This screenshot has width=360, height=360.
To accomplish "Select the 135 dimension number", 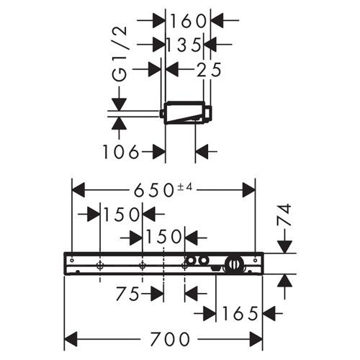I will click(183, 45).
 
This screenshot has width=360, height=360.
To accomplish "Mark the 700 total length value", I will click(166, 338).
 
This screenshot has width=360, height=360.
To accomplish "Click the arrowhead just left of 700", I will click(72, 338).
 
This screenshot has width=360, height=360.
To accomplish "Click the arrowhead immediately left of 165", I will click(209, 313).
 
